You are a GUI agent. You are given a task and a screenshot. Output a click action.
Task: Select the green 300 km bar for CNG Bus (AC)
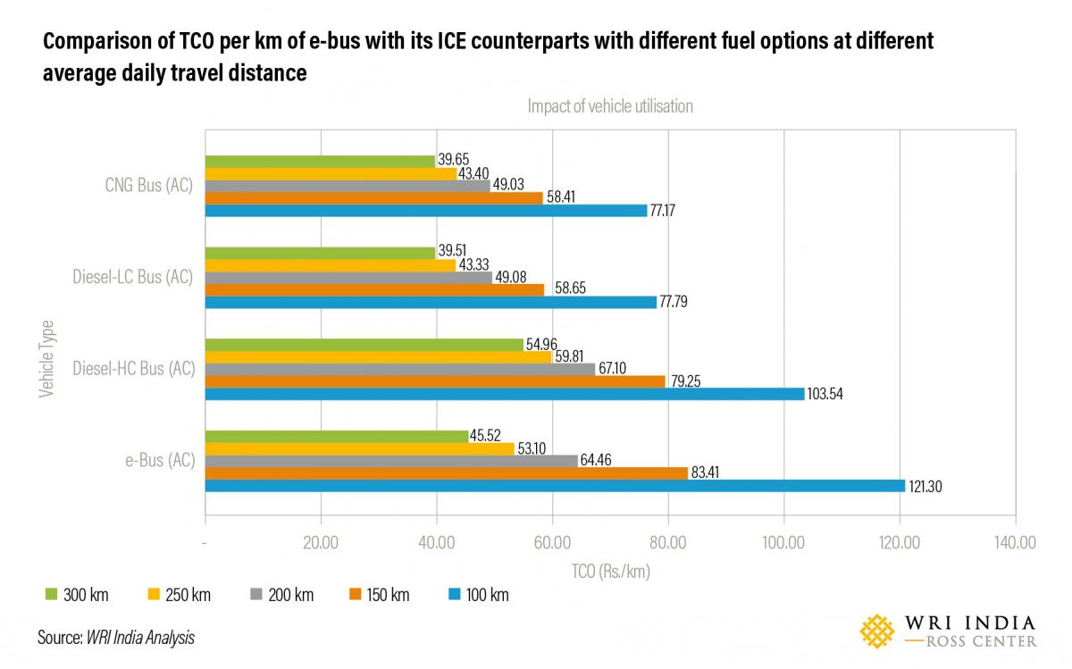pos(320,161)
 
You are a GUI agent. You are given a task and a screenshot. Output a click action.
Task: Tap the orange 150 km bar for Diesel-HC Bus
pos(435,381)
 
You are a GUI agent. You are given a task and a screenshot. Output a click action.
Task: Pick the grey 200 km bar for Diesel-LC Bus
pos(348,278)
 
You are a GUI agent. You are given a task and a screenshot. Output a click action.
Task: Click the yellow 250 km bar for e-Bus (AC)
pos(359,449)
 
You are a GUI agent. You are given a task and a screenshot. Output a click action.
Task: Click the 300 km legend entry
pos(77,594)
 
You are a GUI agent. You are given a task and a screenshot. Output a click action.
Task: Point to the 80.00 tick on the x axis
pos(667,542)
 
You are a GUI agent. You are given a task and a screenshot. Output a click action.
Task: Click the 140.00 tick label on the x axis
pos(1015,542)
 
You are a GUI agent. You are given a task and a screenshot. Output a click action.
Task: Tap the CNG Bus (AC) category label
pos(147,186)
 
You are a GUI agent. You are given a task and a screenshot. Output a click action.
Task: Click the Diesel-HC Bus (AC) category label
pos(133,369)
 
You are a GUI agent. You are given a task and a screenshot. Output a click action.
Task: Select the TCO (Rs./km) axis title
pos(610,572)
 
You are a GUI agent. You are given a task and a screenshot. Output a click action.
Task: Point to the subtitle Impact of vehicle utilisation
pos(610,106)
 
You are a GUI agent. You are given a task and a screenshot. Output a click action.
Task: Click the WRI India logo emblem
pos(876,631)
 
